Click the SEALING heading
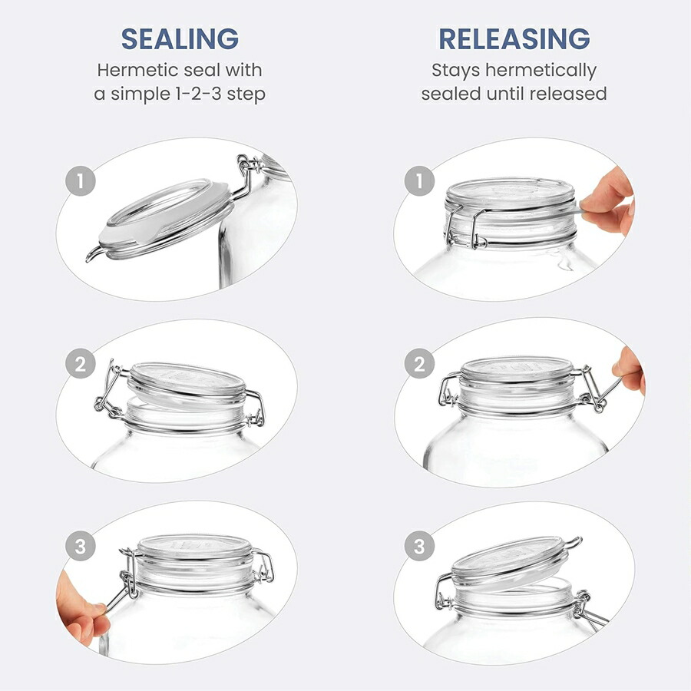(x=180, y=39)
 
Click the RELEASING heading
(x=514, y=39)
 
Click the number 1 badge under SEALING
(x=81, y=180)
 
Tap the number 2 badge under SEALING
(x=81, y=364)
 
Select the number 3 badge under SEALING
(x=81, y=547)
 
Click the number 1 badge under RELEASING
(x=419, y=180)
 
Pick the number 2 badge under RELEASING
(x=419, y=364)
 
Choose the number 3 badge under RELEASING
(x=419, y=547)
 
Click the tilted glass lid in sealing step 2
(x=187, y=385)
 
